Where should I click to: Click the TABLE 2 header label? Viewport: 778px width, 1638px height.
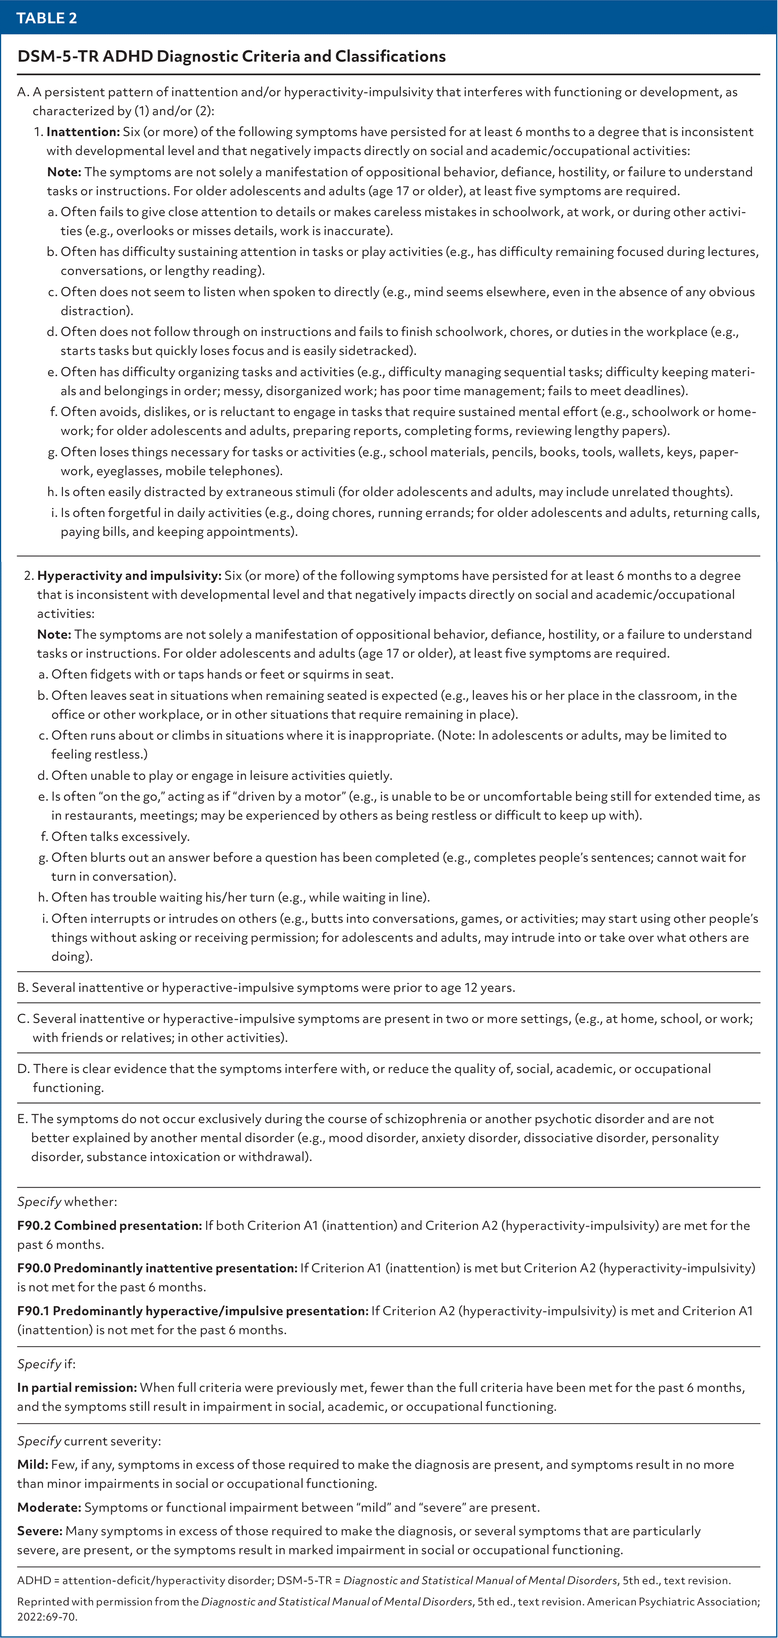click(46, 18)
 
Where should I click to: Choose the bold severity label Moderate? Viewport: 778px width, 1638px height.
click(49, 1507)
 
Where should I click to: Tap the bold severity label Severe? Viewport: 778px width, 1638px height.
click(39, 1531)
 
